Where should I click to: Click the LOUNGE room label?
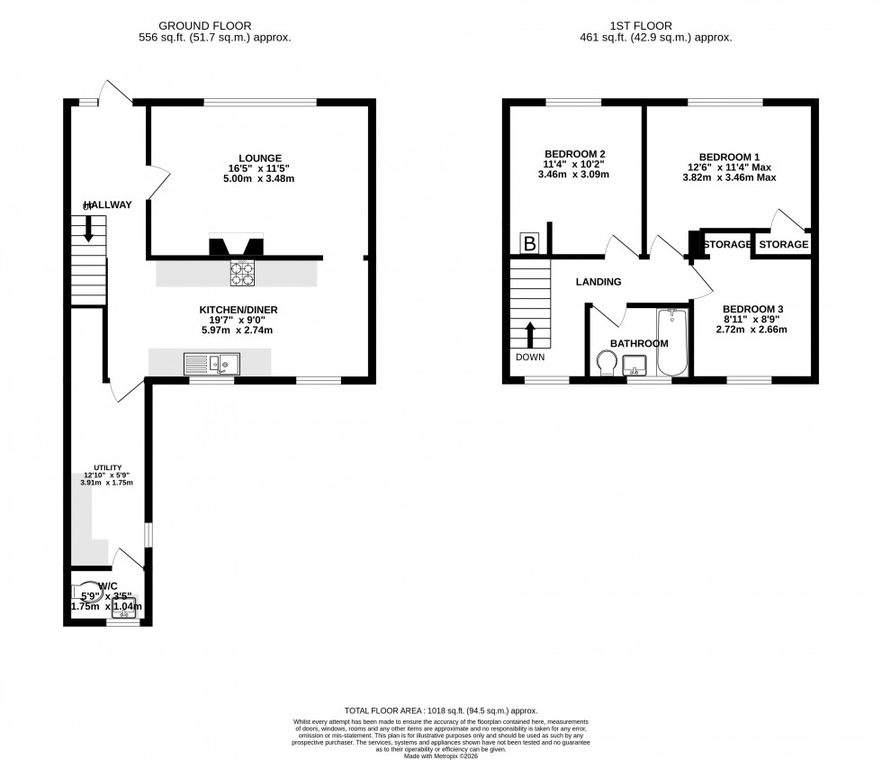(261, 158)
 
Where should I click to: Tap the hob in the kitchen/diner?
(242, 273)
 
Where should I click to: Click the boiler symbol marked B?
(530, 243)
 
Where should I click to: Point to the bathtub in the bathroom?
(671, 343)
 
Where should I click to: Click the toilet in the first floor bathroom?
(607, 362)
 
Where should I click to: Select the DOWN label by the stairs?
(531, 357)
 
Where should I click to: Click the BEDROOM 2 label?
(574, 154)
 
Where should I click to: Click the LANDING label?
(598, 282)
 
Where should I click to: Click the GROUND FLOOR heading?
(205, 26)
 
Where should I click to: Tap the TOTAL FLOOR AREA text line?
(440, 711)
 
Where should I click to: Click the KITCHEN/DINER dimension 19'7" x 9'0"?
(238, 320)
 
